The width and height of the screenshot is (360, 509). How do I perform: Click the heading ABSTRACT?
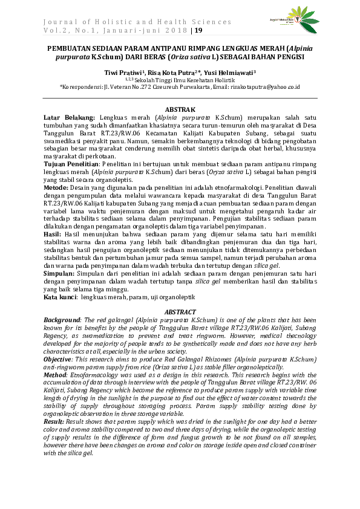[x=180, y=311]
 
